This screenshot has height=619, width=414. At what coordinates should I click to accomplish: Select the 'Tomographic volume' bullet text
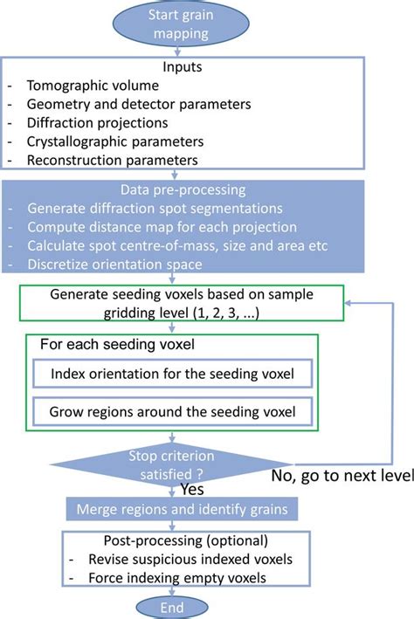pos(94,86)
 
